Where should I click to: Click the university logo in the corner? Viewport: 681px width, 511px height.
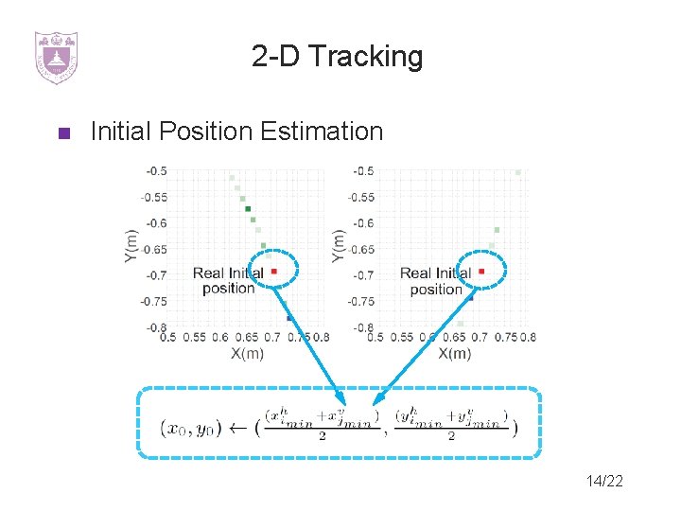pos(56,57)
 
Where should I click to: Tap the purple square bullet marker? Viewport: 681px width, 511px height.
pos(63,132)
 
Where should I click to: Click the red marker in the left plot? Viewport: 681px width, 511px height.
pos(274,271)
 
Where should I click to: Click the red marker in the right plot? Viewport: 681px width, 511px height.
pos(481,271)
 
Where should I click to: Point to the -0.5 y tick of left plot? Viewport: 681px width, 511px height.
pos(156,171)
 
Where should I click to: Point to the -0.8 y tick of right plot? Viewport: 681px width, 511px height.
pos(363,327)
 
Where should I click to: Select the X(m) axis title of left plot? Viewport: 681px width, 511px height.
pos(248,353)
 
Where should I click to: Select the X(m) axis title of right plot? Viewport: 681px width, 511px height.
pos(455,353)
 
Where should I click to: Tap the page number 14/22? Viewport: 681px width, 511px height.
pos(604,482)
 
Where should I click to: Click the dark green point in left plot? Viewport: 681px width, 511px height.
pos(247,209)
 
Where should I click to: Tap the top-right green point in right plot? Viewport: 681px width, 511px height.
pos(518,172)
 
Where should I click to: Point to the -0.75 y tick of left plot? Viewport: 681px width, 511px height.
pos(154,301)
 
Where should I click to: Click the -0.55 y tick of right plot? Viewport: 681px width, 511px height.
pos(361,198)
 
